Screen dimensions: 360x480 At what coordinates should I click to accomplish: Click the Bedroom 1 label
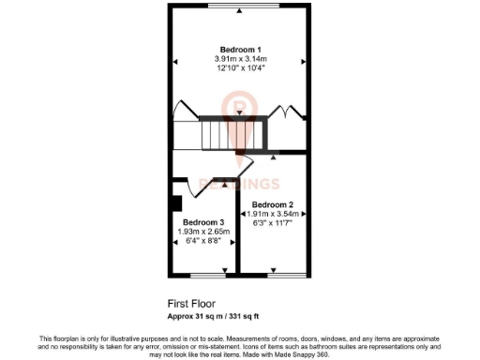click(240, 49)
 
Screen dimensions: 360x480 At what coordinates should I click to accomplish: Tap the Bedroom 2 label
click(273, 204)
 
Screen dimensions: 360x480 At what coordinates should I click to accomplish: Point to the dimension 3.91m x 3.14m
click(240, 58)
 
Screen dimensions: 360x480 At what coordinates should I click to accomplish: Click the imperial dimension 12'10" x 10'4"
click(240, 67)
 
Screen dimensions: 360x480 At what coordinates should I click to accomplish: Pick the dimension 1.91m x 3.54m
click(273, 214)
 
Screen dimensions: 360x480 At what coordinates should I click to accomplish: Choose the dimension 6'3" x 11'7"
click(273, 224)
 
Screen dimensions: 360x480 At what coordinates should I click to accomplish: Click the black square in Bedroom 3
click(174, 202)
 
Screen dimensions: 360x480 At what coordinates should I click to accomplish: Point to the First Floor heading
click(190, 304)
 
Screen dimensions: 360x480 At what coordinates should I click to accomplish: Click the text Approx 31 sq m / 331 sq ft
click(219, 315)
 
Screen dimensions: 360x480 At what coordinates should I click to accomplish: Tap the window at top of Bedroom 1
click(240, 7)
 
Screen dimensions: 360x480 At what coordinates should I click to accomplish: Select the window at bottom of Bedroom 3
click(208, 275)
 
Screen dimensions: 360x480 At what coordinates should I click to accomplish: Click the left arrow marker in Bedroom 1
click(174, 62)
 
